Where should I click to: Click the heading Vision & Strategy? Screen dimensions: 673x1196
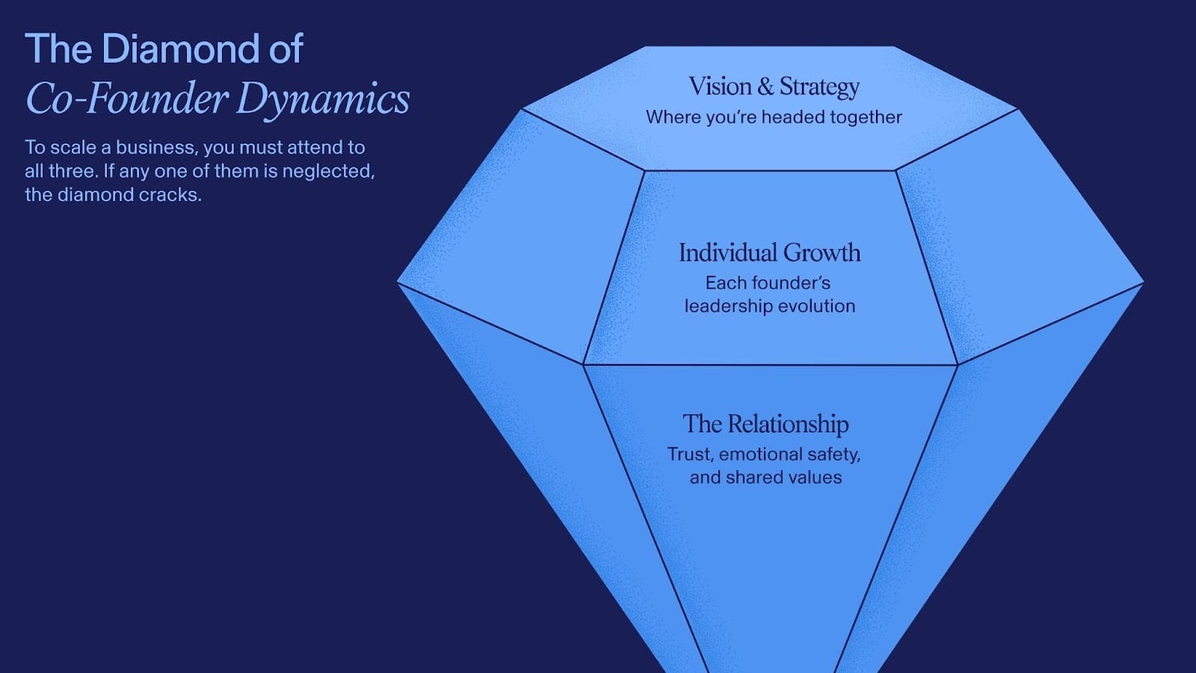(774, 87)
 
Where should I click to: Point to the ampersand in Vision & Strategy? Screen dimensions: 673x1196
(765, 87)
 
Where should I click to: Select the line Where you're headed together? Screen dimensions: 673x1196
(774, 117)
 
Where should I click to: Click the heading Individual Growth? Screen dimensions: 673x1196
(769, 253)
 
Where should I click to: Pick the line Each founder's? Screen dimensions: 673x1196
(768, 283)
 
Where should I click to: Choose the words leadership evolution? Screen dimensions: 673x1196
(769, 307)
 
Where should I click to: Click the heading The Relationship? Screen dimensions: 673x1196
(765, 424)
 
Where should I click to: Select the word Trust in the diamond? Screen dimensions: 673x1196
(689, 455)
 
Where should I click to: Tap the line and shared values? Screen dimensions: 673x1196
(765, 478)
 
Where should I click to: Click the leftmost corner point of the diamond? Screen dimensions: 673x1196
(398, 282)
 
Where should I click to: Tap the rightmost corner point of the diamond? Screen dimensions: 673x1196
(1143, 283)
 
